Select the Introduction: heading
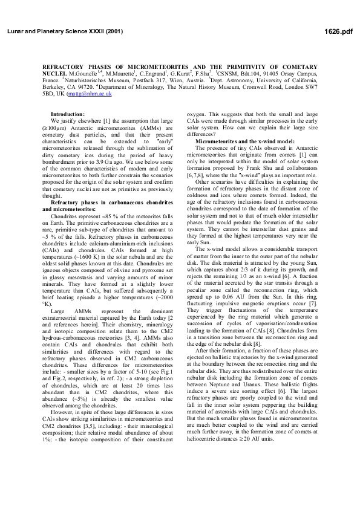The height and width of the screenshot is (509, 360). coord(68,114)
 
